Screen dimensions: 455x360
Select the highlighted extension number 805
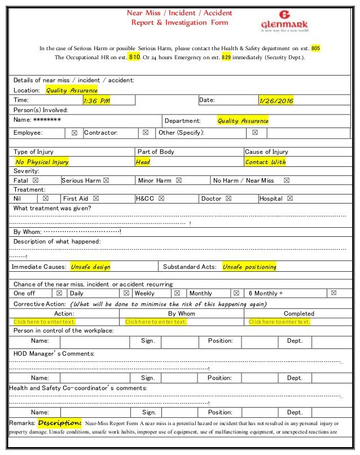coord(315,48)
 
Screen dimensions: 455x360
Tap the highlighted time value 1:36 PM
coord(96,101)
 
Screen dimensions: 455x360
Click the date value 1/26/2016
coord(276,101)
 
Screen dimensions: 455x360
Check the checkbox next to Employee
coord(74,133)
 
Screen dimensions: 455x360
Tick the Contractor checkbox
coord(146,133)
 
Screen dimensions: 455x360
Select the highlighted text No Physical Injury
coord(42,162)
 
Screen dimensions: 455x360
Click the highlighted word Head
coord(143,162)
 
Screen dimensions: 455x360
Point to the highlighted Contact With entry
coord(265,162)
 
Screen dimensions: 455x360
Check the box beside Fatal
coord(36,181)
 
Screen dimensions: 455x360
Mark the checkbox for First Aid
coord(95,199)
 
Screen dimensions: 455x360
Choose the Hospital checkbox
coord(289,199)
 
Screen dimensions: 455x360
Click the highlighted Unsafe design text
coord(90,267)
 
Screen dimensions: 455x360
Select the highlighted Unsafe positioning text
coord(249,267)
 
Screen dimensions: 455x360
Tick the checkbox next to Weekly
coord(177,294)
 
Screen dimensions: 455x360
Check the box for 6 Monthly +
coord(333,294)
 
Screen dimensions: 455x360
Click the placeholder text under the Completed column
coord(279,322)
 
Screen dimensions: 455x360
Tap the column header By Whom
coord(181,313)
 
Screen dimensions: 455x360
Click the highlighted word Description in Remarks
coord(60,423)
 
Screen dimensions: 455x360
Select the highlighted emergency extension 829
coord(226,58)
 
